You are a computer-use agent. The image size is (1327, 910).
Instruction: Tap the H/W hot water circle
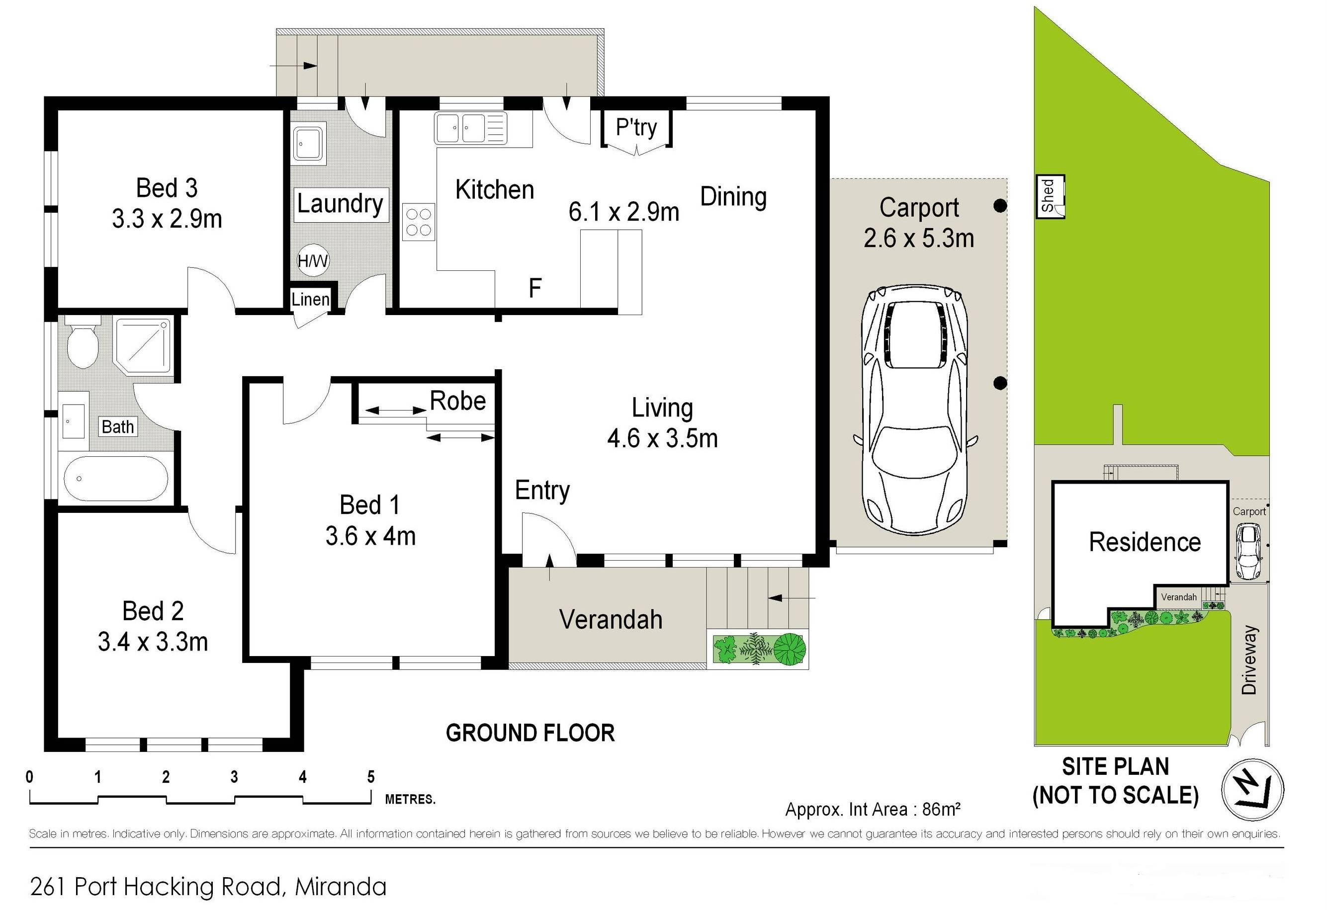point(313,261)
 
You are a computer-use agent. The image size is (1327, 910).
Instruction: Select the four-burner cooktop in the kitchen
point(418,222)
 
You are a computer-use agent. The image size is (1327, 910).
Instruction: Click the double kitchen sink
point(470,128)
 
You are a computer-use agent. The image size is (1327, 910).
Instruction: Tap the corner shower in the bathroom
point(143,346)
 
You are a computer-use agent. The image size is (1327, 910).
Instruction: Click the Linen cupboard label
point(311,299)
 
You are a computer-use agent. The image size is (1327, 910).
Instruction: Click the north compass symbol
point(1253,790)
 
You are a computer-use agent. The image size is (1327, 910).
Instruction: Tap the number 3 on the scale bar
point(234,777)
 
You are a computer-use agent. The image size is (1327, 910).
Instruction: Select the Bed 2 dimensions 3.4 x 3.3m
point(153,642)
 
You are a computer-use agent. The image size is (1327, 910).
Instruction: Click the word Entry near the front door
point(542,491)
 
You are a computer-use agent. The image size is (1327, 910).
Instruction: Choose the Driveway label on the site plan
point(1249,660)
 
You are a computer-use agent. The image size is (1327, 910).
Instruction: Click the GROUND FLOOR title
point(531,733)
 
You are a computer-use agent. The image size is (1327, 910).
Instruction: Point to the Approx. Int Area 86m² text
point(873,809)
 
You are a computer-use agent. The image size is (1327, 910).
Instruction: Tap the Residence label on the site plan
point(1145,542)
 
